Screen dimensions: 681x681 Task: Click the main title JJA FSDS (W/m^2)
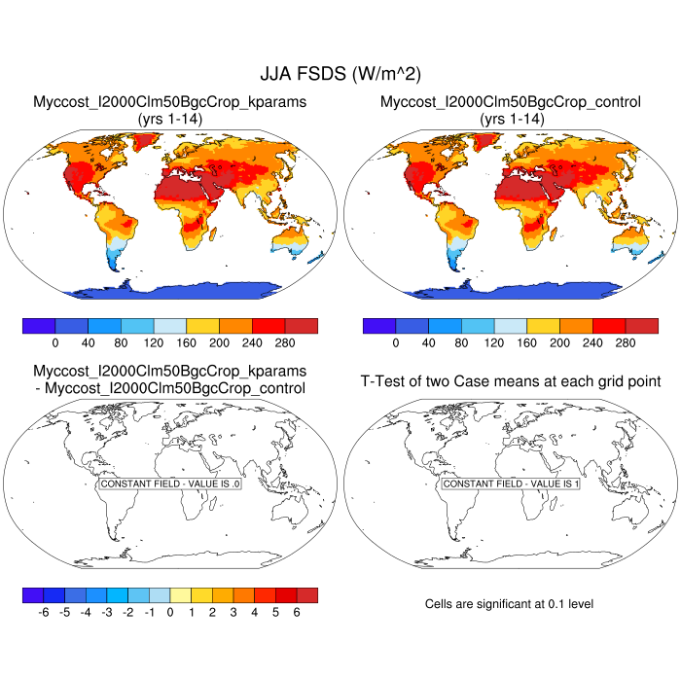click(340, 73)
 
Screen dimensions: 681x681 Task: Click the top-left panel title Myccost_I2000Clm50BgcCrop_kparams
click(170, 101)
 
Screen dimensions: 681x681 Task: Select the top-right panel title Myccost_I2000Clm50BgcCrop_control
click(511, 101)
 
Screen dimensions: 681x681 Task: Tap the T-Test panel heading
click(511, 380)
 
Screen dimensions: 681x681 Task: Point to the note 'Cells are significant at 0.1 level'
click(509, 604)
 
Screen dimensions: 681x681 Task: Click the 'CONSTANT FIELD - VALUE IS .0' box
click(170, 484)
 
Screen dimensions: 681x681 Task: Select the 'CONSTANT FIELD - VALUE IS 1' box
click(511, 484)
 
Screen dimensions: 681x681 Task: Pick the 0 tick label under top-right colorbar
click(396, 343)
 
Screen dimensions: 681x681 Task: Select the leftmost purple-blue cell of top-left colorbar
click(39, 326)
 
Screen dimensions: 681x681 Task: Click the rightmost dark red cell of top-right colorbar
click(641, 326)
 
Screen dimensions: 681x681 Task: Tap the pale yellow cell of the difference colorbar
click(181, 593)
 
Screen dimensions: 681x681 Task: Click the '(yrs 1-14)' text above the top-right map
click(511, 118)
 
